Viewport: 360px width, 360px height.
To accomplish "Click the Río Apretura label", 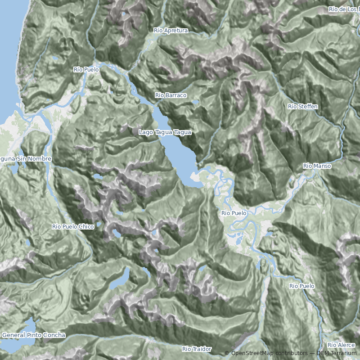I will tap(171, 30).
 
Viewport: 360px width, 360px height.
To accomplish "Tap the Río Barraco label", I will tap(171, 95).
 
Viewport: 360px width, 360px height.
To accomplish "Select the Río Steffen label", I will tap(303, 107).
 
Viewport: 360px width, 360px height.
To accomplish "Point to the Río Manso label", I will tap(317, 166).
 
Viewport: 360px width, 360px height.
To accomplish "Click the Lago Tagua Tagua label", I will tap(165, 132).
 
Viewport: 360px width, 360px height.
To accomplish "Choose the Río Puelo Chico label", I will tap(73, 227).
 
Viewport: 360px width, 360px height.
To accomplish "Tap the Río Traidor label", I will tap(197, 349).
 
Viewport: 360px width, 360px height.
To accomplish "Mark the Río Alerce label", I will tap(341, 345).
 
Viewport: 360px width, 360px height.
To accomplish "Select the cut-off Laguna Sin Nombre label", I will tap(26, 159).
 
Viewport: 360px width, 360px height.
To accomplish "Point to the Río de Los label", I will tap(344, 9).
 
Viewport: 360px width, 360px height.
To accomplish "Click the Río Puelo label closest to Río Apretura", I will tap(86, 70).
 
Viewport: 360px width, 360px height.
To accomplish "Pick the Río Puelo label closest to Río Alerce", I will tap(301, 286).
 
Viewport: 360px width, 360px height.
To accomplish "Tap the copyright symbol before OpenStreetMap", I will tap(227, 353).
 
